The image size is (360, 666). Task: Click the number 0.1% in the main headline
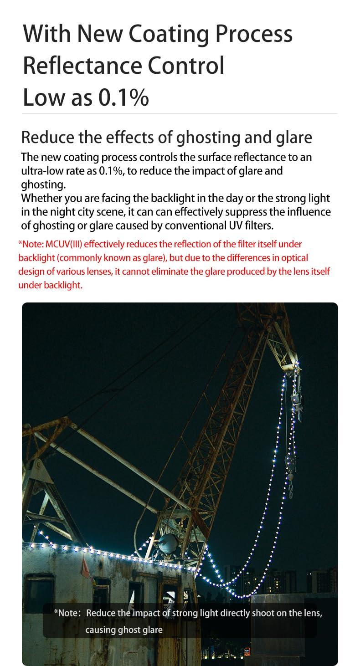click(123, 97)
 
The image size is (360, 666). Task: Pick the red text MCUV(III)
click(67, 244)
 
